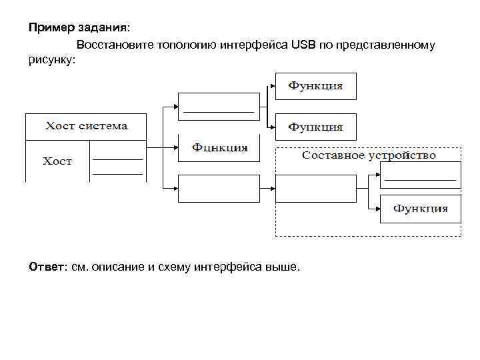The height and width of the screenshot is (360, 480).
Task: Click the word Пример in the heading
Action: pyautogui.click(x=47, y=28)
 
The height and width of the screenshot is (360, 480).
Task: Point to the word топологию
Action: pyautogui.click(x=183, y=45)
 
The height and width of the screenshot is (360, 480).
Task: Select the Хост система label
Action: pyautogui.click(x=86, y=125)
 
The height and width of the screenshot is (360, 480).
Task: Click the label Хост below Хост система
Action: pyautogui.click(x=57, y=161)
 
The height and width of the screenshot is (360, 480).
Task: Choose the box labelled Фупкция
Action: pyautogui.click(x=315, y=126)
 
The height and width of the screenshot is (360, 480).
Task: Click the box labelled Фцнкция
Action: pyautogui.click(x=219, y=147)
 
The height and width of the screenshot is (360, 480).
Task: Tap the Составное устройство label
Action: pyautogui.click(x=369, y=155)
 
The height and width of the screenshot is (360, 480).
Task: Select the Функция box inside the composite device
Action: pyautogui.click(x=419, y=209)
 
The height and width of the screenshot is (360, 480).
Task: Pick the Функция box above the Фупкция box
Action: pyautogui.click(x=315, y=86)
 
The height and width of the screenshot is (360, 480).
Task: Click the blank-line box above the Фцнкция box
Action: pyautogui.click(x=219, y=105)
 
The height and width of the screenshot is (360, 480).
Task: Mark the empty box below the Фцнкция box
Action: pyautogui.click(x=219, y=187)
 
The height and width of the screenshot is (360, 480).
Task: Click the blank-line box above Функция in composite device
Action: pyautogui.click(x=419, y=175)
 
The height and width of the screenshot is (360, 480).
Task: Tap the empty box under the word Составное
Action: pyautogui.click(x=315, y=187)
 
